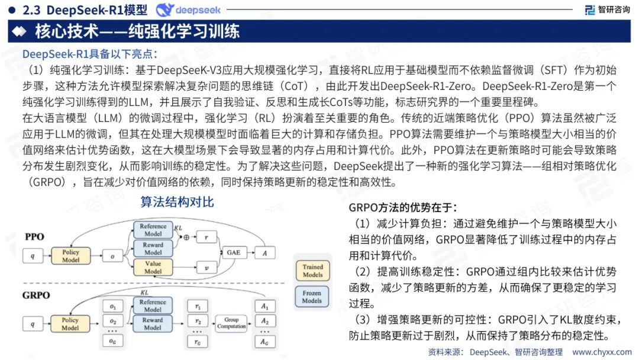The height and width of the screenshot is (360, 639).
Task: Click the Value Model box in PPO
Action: coord(153,267)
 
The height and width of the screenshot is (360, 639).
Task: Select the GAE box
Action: coord(234,253)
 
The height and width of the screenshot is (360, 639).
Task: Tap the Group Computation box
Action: coord(231,323)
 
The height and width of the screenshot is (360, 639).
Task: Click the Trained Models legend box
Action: coord(312,271)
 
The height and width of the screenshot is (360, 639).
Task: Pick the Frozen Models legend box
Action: coord(312,297)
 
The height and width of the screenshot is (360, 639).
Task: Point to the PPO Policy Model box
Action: coord(70,256)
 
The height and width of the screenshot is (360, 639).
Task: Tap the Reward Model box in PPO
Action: coord(153,249)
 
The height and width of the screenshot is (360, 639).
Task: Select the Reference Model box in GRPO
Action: coord(153,306)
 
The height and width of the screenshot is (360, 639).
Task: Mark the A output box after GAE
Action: coord(264,253)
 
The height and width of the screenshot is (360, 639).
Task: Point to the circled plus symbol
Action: coord(186,237)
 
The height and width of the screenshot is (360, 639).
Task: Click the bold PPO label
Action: coord(34,237)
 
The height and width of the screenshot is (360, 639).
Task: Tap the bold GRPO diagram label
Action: coord(37,295)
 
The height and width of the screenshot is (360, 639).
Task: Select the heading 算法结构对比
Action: coord(177,202)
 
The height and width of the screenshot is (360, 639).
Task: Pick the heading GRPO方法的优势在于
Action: coord(402,207)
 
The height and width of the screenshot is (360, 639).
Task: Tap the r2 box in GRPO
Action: coord(197,322)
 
